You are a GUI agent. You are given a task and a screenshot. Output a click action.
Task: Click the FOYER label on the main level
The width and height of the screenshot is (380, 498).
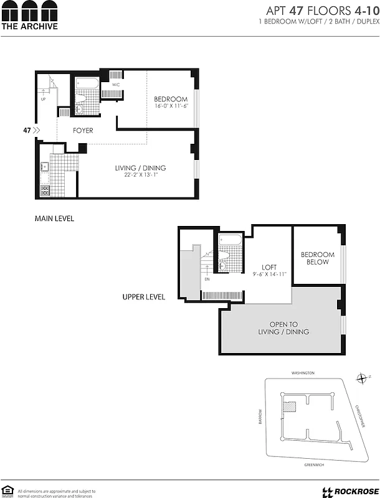(83, 131)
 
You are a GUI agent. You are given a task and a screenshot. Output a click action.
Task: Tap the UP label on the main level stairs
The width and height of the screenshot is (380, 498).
(43, 99)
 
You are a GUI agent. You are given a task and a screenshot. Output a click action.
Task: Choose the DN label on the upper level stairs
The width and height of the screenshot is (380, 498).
(207, 280)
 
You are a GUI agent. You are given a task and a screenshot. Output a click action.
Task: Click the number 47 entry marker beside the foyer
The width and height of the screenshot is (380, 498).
(27, 130)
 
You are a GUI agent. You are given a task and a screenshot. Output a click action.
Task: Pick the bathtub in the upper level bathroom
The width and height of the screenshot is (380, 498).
(230, 240)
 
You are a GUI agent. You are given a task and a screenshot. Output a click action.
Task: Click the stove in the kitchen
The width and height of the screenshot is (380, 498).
(45, 191)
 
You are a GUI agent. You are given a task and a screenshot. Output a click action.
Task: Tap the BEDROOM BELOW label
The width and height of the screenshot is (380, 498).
(318, 258)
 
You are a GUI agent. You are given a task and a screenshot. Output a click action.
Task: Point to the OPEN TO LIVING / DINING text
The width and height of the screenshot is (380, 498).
(283, 328)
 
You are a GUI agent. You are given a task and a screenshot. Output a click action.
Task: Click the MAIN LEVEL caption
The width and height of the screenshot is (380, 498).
(54, 218)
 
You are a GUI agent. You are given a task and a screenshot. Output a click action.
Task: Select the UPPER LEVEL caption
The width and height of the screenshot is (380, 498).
(144, 297)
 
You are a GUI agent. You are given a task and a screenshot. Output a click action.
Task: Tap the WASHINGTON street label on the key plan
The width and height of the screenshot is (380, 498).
(303, 373)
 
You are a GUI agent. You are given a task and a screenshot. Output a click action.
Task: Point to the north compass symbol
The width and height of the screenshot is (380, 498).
(362, 378)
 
